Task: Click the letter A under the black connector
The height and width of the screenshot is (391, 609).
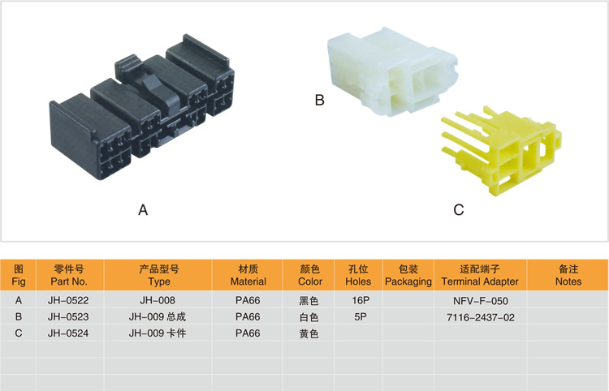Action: coord(143,210)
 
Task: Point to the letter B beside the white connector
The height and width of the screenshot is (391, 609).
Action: coord(319,101)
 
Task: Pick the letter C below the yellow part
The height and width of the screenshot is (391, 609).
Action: coord(458,210)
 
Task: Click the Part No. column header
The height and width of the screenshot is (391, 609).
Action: coord(68,275)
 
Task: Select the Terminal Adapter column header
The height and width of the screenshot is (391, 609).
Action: coord(478,275)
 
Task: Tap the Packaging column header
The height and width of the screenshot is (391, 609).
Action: coord(408,275)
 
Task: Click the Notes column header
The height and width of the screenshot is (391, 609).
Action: coord(568,275)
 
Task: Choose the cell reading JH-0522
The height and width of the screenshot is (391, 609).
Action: coord(68,300)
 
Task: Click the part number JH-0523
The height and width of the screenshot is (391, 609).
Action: coord(68,317)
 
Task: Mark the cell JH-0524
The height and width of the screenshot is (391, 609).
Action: coord(68,333)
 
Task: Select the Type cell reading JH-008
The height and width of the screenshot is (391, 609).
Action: coord(159,300)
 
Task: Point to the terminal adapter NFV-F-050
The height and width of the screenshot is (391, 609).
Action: coord(479,300)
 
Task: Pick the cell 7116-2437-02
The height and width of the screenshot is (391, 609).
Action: coord(479,317)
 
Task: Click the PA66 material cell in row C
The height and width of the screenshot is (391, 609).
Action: coord(248,333)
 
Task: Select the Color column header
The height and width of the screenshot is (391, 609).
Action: coord(310,275)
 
